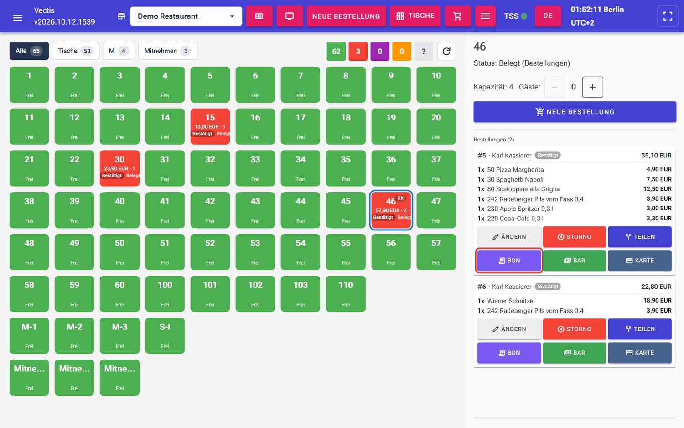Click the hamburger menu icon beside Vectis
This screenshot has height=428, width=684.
point(17,17)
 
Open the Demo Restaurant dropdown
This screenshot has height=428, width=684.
point(186,16)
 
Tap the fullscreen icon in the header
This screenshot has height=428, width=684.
point(668,16)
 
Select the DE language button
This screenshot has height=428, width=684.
point(548,16)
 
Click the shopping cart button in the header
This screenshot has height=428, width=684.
point(457,16)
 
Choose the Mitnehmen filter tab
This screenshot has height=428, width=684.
point(168,51)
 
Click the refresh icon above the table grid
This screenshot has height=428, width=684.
point(446,51)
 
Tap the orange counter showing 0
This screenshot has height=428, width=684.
point(402,51)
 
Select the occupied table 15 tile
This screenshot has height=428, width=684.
point(210,126)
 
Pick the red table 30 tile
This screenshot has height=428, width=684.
point(119,168)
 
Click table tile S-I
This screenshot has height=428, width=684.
point(165,335)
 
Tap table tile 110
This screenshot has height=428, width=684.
point(346,293)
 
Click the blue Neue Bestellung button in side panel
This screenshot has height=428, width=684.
point(575,112)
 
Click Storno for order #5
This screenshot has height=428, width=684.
point(575,237)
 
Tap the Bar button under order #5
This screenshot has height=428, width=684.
point(575,261)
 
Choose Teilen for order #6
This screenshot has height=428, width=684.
point(640,329)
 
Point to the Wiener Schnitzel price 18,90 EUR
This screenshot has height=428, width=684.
point(657,301)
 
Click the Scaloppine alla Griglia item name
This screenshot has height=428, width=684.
point(523,189)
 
